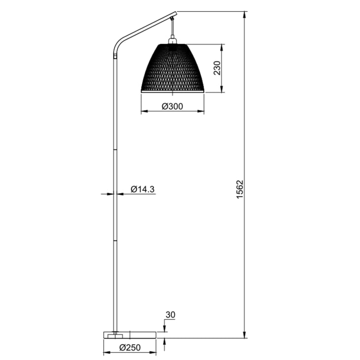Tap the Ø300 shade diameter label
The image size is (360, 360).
[x=172, y=106]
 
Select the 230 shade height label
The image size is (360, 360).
[x=216, y=68]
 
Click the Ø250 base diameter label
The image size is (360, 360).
[x=130, y=348]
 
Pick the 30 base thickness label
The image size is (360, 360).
[x=171, y=315]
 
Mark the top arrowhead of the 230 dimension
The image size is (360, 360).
[x=223, y=47]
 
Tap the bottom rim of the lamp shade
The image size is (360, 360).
[x=172, y=91]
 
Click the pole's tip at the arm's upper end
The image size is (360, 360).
[x=175, y=13]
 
